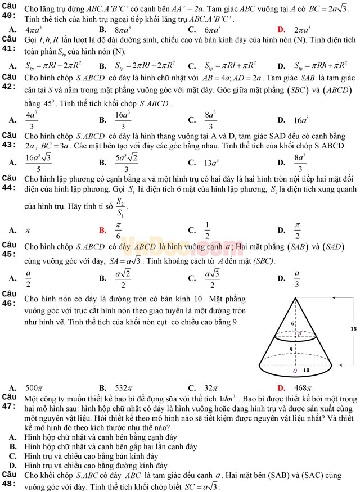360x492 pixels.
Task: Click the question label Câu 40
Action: coord(10,11)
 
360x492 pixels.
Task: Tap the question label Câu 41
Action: coord(10,44)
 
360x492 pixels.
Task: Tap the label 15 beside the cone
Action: coord(353,328)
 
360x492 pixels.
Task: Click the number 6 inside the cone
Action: coord(292,324)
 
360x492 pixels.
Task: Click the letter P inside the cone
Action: coord(300,334)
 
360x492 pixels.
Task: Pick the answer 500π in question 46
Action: coord(34,387)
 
